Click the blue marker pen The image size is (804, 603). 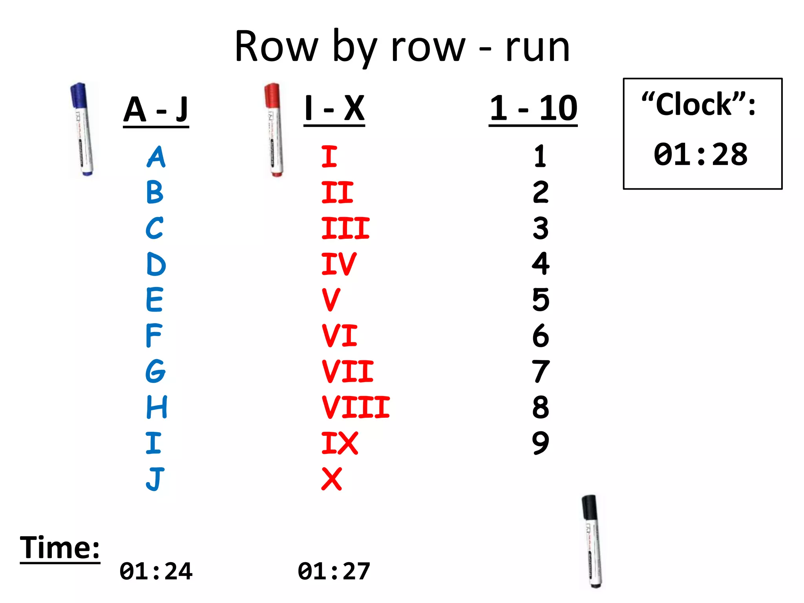tap(82, 130)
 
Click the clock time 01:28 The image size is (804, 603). tap(701, 154)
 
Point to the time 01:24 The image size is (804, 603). tap(156, 571)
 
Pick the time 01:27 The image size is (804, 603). tap(334, 571)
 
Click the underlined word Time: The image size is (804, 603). tap(60, 548)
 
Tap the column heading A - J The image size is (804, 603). tap(156, 110)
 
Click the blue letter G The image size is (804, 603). tap(155, 371)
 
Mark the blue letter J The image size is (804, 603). tap(155, 479)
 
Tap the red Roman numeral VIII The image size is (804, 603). tap(356, 407)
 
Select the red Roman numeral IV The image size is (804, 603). tap(339, 264)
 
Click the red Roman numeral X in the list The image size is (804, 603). tap(332, 479)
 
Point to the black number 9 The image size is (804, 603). tap(541, 443)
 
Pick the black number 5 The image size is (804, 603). tap(541, 300)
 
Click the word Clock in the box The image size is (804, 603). tap(694, 105)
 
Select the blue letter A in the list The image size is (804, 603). tap(156, 157)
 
